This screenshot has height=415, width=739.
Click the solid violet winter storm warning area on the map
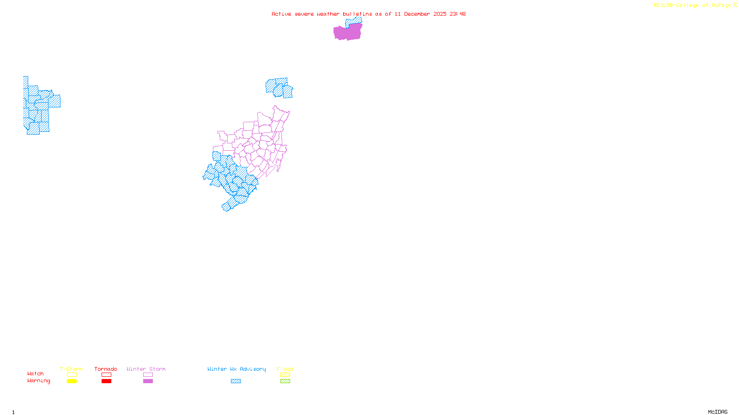[347, 32]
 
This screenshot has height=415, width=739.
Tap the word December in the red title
[417, 14]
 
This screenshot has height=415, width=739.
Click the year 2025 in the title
[440, 14]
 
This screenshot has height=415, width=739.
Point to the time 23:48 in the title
[458, 14]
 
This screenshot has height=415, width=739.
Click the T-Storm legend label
[71, 369]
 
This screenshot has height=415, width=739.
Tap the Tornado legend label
[106, 369]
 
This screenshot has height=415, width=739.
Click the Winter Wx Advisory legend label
[236, 369]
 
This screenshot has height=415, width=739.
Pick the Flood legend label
[285, 369]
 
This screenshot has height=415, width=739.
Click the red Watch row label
[36, 374]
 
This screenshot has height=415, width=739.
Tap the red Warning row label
[39, 381]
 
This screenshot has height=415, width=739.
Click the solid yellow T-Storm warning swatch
[72, 381]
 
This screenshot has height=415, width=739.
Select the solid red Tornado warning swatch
[106, 381]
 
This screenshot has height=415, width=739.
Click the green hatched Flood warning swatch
[285, 381]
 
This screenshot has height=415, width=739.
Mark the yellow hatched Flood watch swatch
[285, 375]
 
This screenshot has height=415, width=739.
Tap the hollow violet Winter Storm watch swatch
[148, 375]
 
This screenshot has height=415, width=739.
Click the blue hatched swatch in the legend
[236, 381]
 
